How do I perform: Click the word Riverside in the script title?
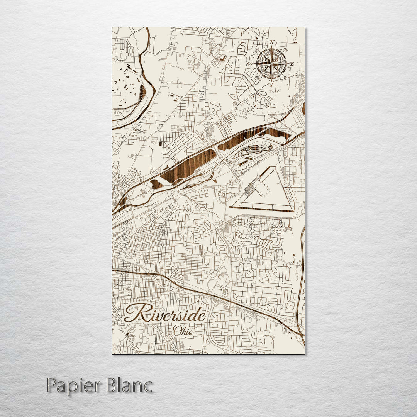click(165, 313)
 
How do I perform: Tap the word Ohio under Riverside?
click(183, 331)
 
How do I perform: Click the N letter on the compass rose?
click(272, 42)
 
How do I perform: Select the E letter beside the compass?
click(292, 64)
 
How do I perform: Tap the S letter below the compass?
click(271, 84)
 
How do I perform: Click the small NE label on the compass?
click(286, 50)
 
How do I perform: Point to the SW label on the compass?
click(258, 78)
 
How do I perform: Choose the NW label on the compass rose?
click(257, 49)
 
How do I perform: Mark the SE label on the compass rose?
click(285, 78)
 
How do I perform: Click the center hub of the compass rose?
click(271, 63)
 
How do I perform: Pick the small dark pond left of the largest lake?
click(157, 184)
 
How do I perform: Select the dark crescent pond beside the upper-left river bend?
click(142, 93)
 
